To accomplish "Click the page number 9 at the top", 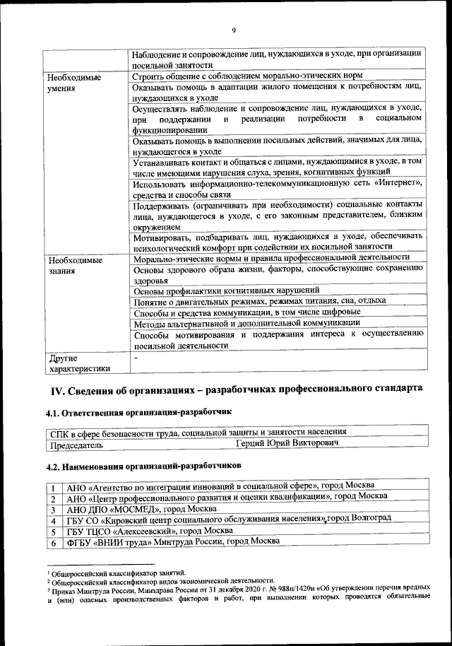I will coord(233,30).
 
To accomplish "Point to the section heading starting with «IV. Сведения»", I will coord(236,389).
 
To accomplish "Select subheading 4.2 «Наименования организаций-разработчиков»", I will coord(143,466).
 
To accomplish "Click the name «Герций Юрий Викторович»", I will coord(287,444).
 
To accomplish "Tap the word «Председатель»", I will coord(76,445).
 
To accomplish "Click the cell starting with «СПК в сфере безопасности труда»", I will coord(197,431).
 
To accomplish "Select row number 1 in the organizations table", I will coord(53,487).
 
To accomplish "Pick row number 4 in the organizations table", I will coord(53,519).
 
